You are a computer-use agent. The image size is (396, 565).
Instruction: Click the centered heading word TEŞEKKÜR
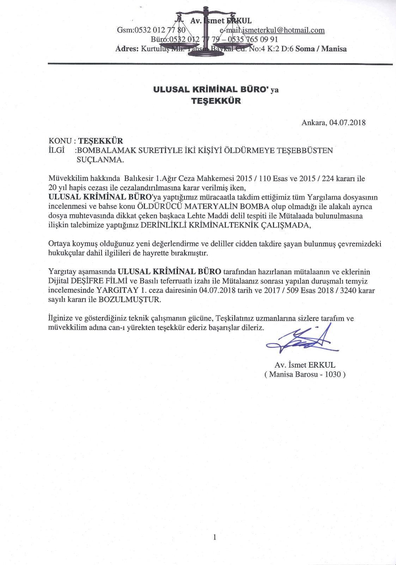click(216, 101)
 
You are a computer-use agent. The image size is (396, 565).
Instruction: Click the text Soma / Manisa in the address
click(321, 49)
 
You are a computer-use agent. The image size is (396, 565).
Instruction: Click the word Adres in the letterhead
click(127, 49)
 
